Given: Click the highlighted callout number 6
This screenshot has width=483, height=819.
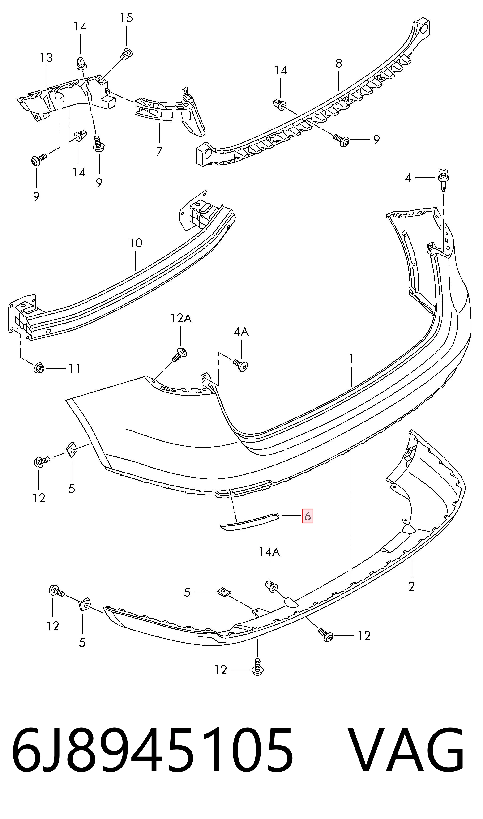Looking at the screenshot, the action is pos(308,516).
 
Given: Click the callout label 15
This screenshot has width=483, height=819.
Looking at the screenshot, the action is pos(126,18).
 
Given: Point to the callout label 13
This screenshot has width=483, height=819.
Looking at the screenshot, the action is pos(46,58).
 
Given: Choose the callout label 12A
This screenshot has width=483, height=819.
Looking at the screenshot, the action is pos(181,318).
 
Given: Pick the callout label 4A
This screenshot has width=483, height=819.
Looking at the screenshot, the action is pos(241,332).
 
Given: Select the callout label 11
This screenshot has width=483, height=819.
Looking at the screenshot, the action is pos(75,368).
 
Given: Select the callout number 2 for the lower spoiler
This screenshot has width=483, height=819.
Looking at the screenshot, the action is pos(411,586).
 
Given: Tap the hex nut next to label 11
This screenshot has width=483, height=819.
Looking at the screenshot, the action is pos(39,368).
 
